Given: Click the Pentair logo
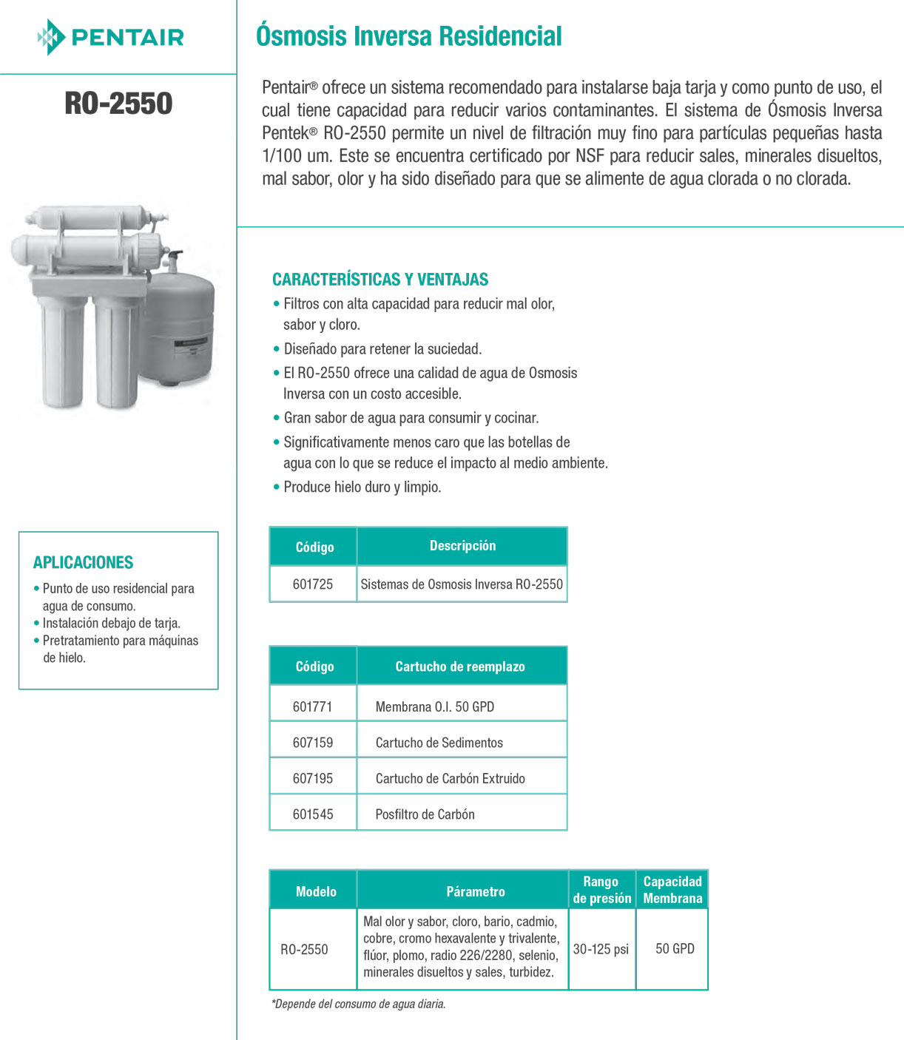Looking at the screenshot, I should (111, 37).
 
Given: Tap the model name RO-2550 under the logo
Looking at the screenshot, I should (118, 104).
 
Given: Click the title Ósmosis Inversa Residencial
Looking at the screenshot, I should (408, 36).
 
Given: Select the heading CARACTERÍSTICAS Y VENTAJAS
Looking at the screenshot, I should (380, 280).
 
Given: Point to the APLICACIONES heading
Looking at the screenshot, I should (83, 562).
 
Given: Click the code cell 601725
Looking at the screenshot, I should (313, 584).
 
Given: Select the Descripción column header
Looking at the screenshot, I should (462, 546).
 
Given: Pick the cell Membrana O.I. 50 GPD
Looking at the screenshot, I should (434, 707).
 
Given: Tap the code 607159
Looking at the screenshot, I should (313, 743).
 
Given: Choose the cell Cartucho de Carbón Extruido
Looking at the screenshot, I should (450, 779).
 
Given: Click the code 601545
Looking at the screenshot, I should (313, 814).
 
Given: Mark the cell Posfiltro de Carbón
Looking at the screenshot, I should (425, 814).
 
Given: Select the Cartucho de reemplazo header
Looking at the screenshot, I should (459, 666).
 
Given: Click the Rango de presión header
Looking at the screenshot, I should (601, 890).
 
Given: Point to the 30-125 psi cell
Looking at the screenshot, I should (601, 949).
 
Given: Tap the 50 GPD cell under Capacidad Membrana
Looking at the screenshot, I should (675, 949).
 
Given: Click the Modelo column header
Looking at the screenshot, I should (316, 892).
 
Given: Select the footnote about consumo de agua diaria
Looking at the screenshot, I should (359, 1004).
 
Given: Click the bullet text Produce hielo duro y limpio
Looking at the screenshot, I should (362, 487).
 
